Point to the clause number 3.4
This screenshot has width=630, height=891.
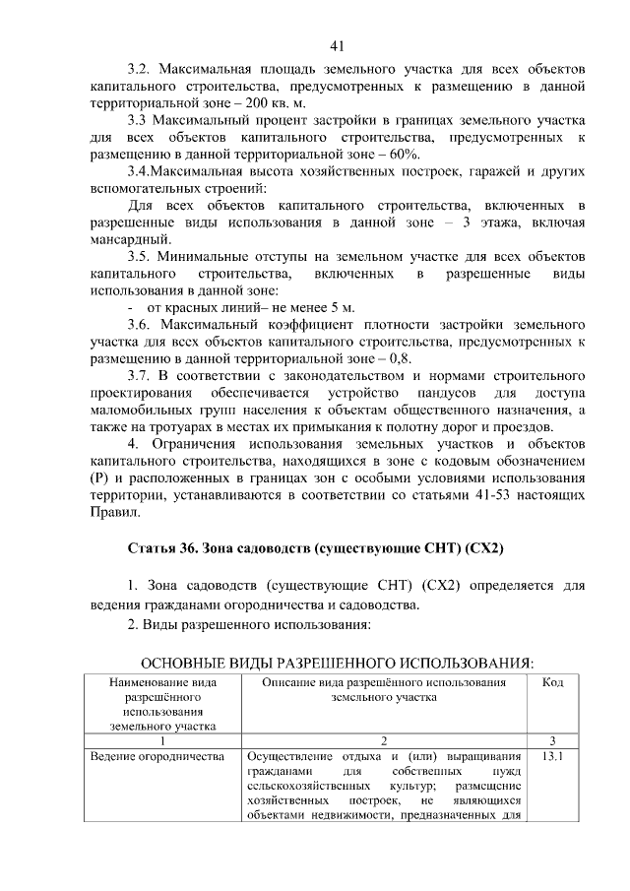pos(143,172)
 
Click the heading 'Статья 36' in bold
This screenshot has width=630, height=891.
pos(165,546)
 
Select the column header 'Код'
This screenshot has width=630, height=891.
pos(552,680)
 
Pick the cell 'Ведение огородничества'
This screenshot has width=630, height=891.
pos(158,757)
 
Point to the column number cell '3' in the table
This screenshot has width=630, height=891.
pos(552,740)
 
